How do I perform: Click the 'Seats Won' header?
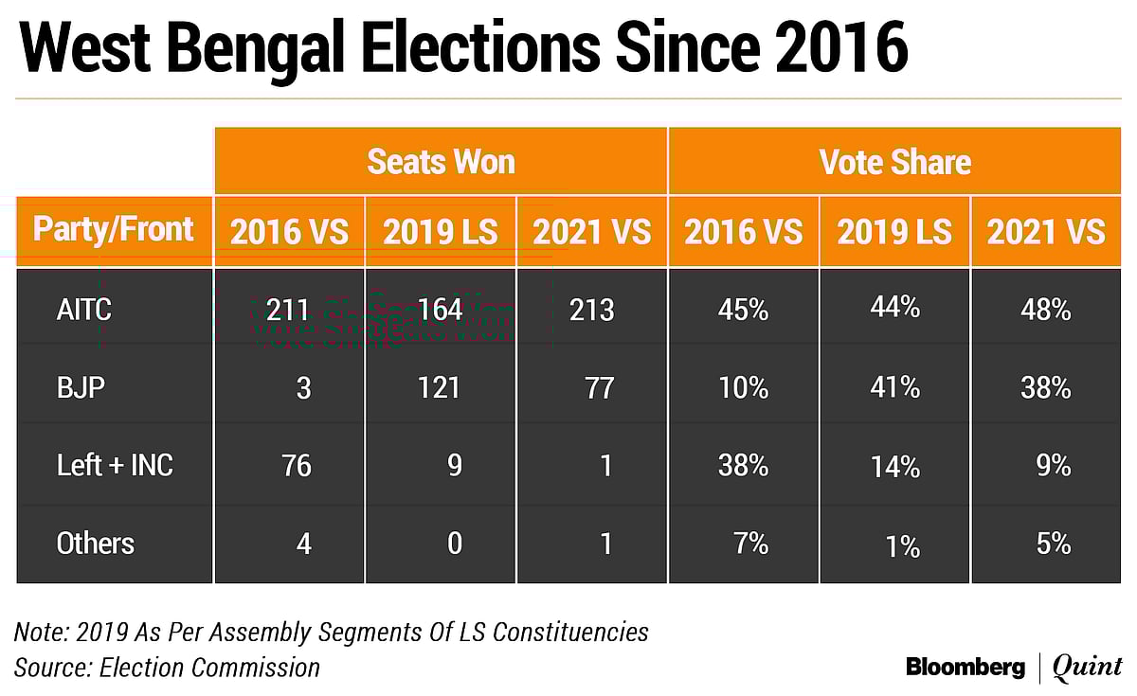point(441,162)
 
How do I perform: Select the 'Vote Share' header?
point(894,162)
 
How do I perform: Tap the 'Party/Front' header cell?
point(114,230)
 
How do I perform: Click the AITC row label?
point(84,310)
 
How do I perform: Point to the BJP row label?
point(81,387)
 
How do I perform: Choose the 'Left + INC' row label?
point(115,465)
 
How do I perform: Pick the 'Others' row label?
point(96,544)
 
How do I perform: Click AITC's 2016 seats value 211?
point(288,310)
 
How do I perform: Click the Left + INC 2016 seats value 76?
point(296,465)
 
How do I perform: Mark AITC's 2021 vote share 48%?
point(1046,310)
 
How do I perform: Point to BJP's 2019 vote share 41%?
point(894,387)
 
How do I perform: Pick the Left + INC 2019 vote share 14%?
point(894,465)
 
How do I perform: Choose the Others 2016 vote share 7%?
point(750,544)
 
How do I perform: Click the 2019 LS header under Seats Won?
point(441,232)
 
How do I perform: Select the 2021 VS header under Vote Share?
point(1046,232)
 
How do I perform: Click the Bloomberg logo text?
point(966,667)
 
